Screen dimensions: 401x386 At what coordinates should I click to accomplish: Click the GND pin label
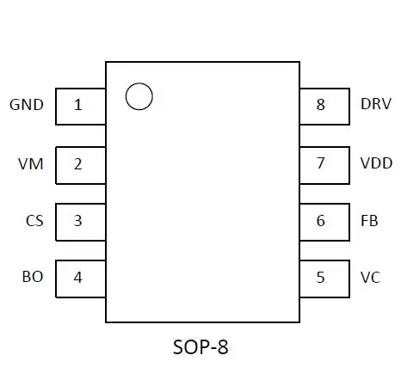(x=27, y=105)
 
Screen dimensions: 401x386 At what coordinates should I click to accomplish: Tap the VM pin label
(x=31, y=164)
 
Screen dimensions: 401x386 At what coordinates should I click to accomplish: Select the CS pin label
(x=34, y=221)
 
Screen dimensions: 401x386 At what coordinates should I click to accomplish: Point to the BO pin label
(x=33, y=277)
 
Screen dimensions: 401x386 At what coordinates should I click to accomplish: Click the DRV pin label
(x=376, y=104)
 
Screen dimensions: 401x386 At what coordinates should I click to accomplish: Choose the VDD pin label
(x=376, y=163)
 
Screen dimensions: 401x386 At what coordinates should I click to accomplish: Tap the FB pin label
(x=369, y=221)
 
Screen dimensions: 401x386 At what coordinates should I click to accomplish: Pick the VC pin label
(x=370, y=278)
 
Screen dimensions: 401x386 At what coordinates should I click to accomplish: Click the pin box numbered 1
(x=81, y=107)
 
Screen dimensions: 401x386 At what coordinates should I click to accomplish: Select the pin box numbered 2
(x=81, y=165)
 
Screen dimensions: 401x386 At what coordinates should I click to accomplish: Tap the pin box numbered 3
(x=81, y=222)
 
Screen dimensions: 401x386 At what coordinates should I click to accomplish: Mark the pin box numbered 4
(x=81, y=279)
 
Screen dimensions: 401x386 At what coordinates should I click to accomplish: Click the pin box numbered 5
(x=324, y=279)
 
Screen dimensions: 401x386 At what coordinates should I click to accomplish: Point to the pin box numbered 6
(x=324, y=222)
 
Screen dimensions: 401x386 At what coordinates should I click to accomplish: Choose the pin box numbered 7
(x=324, y=165)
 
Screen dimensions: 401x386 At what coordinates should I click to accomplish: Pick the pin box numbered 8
(x=324, y=107)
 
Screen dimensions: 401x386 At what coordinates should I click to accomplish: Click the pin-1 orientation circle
(x=139, y=83)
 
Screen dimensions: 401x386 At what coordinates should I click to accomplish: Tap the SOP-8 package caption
(x=200, y=347)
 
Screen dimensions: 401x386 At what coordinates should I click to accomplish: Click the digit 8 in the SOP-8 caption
(x=223, y=347)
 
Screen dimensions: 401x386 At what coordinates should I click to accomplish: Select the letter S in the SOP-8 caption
(x=178, y=347)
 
